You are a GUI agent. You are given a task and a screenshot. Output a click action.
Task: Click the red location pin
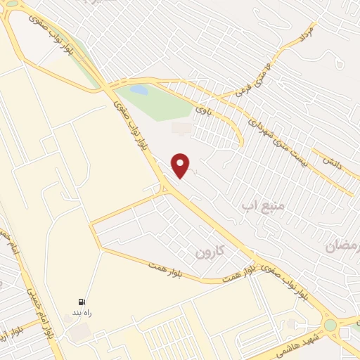point(181,165)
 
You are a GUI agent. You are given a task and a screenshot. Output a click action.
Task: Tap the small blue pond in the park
point(140,90)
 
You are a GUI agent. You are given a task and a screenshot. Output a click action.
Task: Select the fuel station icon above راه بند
point(83,301)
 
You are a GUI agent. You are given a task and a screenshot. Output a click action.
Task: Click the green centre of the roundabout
point(330,325)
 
